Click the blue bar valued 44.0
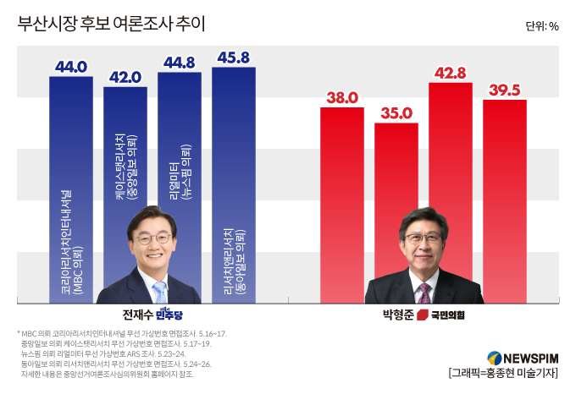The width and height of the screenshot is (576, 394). pos(71,190)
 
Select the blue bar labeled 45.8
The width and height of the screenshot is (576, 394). pos(234,185)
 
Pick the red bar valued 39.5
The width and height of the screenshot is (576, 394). pos(505,201)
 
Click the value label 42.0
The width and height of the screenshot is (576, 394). pos(125,77)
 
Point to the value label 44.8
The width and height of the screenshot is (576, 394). pos(180,63)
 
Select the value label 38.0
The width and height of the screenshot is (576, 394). pos(342,98)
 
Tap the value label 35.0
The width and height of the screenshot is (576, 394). pos(396,113)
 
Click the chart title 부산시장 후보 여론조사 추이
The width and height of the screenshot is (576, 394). pos(111,24)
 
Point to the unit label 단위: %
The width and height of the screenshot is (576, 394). pos(542,26)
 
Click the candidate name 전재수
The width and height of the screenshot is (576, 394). pos(137,315)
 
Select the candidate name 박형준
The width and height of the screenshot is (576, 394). pos(398,315)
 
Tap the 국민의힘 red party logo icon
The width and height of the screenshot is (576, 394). pos(423,315)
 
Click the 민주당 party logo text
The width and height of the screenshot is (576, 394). pos(169,314)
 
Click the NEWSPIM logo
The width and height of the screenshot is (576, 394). pos(523,358)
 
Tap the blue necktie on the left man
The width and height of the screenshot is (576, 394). pos(160,293)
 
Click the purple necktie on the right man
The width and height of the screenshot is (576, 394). pos(424,293)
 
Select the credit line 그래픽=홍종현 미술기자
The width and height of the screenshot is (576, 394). pos(503,373)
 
